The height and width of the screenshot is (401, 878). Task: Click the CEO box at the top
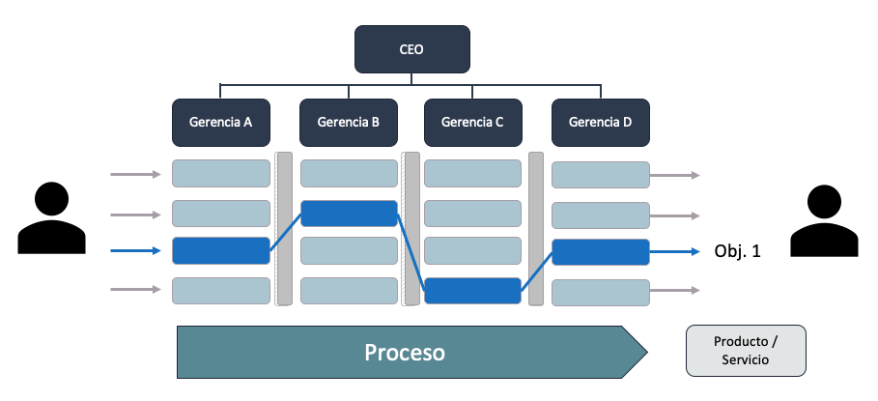(x=411, y=49)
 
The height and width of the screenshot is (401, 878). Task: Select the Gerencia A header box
(x=220, y=123)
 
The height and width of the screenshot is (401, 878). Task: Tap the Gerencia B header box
(x=348, y=123)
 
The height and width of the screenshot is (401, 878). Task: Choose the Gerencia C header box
(x=472, y=123)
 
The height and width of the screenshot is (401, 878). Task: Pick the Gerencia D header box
(x=600, y=123)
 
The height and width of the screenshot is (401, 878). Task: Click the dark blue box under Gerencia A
(x=220, y=250)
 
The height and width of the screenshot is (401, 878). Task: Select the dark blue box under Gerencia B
(x=349, y=214)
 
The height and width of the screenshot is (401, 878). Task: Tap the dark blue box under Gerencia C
(x=472, y=290)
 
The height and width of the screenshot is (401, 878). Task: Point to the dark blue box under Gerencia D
(x=600, y=252)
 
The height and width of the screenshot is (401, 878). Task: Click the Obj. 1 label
(x=738, y=251)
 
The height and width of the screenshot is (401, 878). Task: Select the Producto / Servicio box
(x=745, y=351)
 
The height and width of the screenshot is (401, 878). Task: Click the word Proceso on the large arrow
(x=405, y=353)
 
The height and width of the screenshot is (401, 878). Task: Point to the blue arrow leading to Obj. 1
(x=673, y=252)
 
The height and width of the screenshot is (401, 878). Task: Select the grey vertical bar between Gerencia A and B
(x=284, y=228)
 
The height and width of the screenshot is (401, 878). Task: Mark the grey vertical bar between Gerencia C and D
(x=536, y=228)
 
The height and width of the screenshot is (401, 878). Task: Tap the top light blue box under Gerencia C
(x=472, y=173)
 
